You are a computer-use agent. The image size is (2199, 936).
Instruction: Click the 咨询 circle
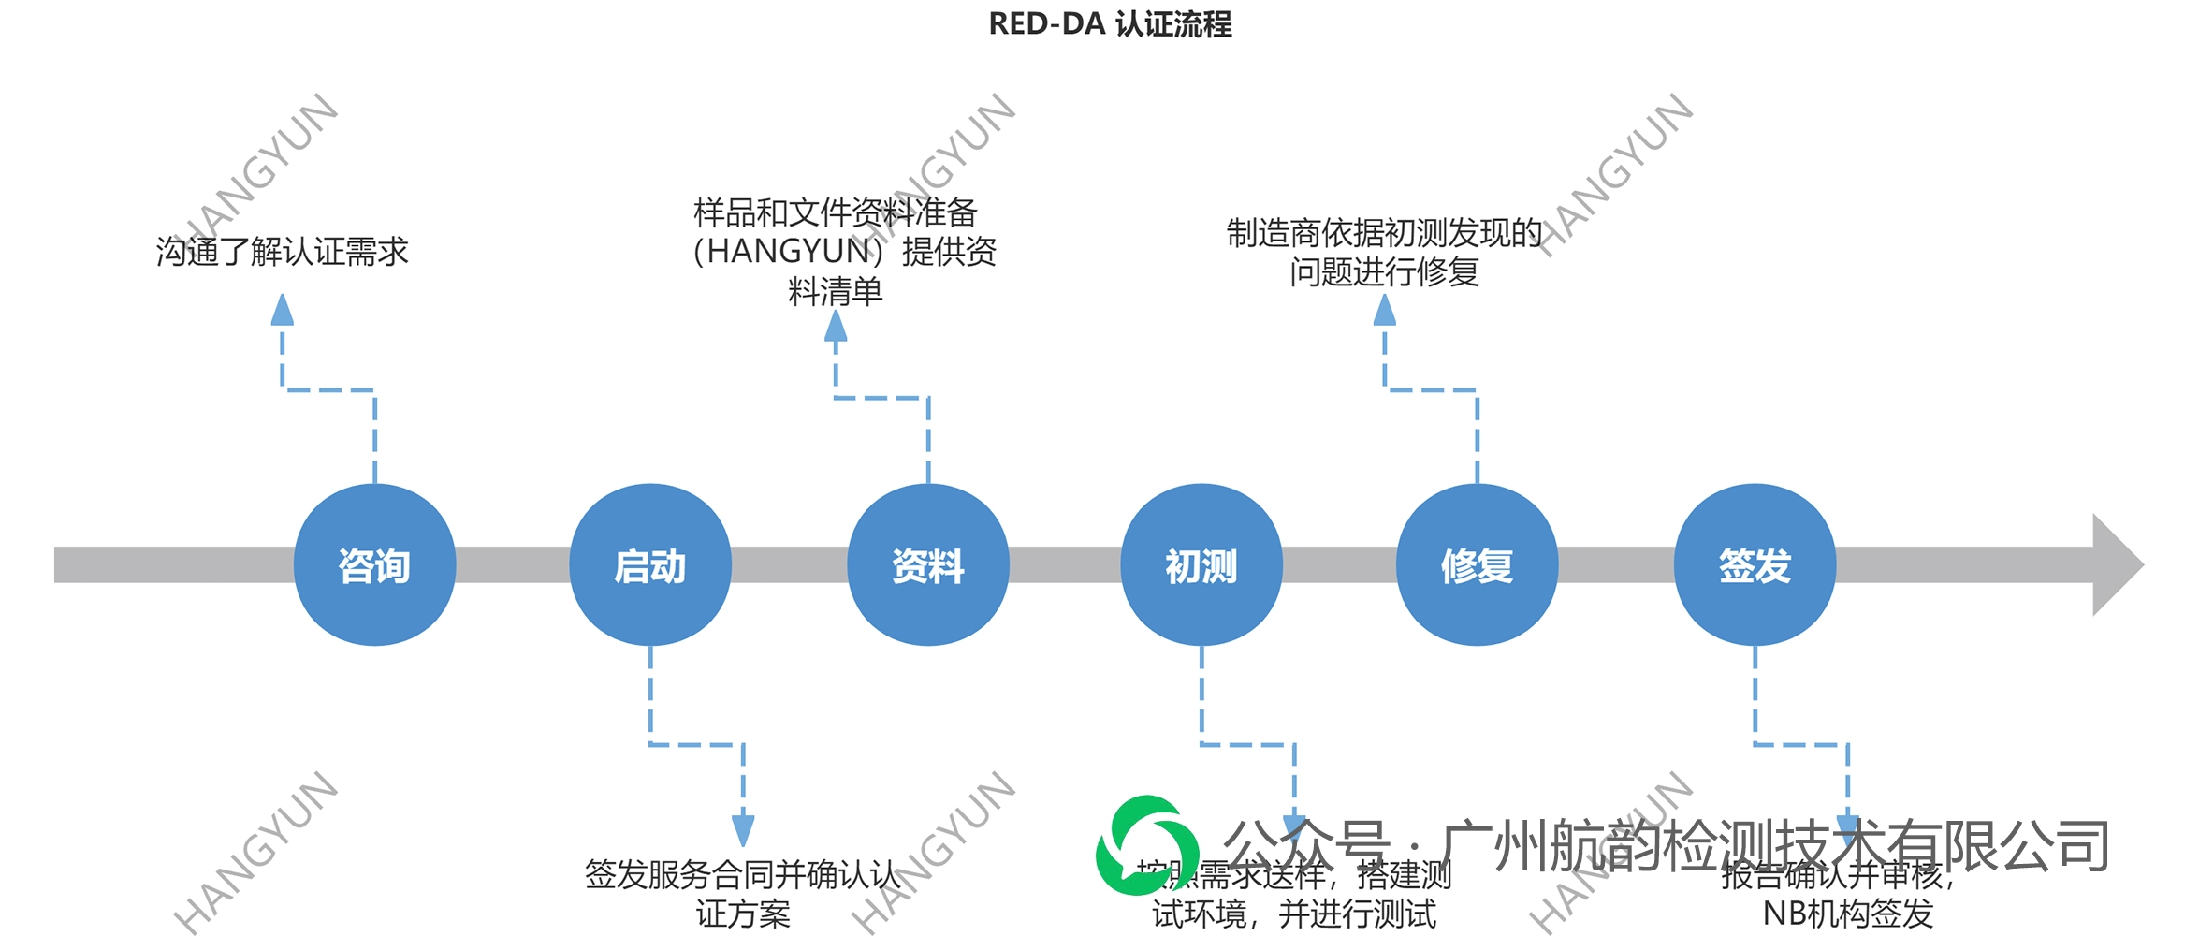[374, 565]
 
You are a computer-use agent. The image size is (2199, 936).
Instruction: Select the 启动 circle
[650, 565]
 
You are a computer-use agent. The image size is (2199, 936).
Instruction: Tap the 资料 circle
[927, 565]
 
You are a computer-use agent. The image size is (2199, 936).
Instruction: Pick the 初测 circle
[1201, 565]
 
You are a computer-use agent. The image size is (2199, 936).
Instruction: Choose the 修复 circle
[1477, 565]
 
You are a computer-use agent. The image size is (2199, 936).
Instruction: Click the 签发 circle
[1755, 565]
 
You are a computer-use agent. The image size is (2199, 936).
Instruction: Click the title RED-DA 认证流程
[1110, 24]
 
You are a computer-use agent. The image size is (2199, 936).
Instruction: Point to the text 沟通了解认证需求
[282, 252]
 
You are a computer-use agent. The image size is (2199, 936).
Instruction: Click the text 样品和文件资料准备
[835, 212]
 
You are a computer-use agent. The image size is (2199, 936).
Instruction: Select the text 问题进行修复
[1384, 272]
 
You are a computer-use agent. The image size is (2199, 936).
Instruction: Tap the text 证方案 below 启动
[743, 914]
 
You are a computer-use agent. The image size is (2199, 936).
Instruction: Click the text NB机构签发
[1847, 914]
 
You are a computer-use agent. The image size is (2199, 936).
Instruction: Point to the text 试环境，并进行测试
[1293, 914]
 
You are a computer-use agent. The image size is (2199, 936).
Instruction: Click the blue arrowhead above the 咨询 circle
[282, 310]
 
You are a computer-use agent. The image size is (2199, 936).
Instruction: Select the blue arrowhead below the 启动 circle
[743, 829]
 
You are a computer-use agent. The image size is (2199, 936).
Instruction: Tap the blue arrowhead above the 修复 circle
[1385, 310]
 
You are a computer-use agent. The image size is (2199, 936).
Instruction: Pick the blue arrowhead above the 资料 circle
[836, 326]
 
